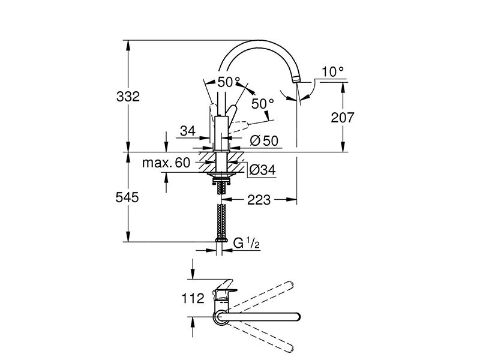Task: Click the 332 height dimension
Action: (128, 97)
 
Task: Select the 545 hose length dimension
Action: (127, 197)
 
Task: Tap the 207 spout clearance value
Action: (343, 118)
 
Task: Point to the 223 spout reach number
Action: (259, 200)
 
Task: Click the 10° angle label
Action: (333, 72)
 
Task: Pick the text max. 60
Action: (166, 163)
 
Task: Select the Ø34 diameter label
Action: (262, 170)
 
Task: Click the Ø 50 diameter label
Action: (264, 141)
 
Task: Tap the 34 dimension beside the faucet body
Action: (188, 131)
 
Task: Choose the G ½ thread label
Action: (247, 244)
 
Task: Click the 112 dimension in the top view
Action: (193, 298)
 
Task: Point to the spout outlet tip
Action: (296, 80)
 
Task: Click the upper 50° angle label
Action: (229, 82)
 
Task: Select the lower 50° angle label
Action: (262, 104)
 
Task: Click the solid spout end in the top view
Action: (296, 317)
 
